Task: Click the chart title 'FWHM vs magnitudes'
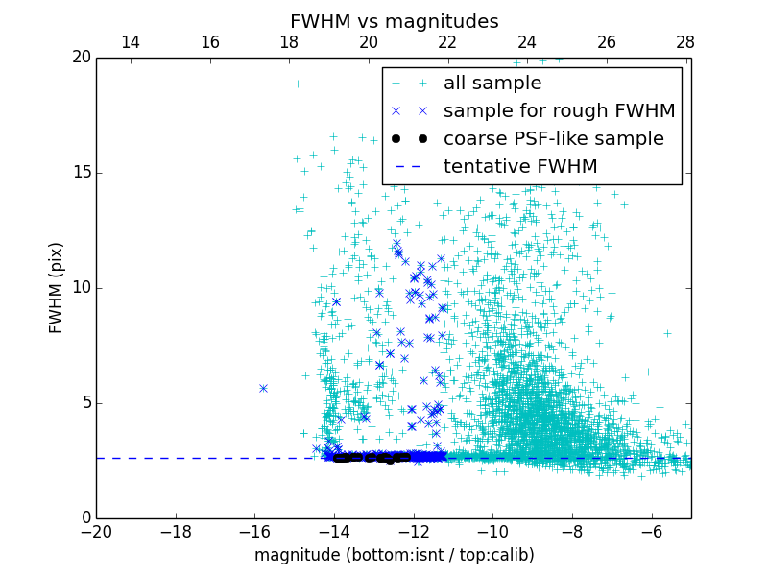point(394,21)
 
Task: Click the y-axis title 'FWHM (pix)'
point(57,287)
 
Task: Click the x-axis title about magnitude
point(394,555)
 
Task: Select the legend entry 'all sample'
point(492,84)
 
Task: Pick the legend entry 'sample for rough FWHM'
point(559,111)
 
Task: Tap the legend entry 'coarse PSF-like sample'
point(553,139)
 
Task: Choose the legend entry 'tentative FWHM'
point(519,167)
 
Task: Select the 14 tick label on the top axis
point(131,42)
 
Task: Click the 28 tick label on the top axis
point(685,42)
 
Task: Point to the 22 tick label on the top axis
point(447,42)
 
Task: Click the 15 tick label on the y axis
point(81,173)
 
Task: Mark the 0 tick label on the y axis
point(85,518)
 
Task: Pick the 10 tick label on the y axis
point(81,288)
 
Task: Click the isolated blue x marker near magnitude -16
point(263,388)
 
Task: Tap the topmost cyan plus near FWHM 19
point(298,84)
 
